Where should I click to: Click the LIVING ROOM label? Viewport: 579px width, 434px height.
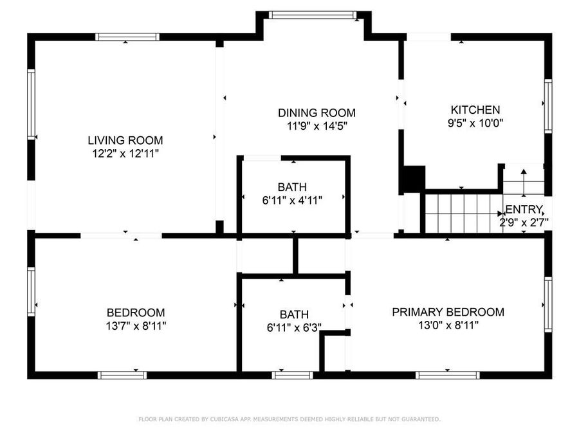pyautogui.click(x=125, y=140)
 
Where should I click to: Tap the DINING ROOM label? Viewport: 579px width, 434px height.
pyautogui.click(x=317, y=113)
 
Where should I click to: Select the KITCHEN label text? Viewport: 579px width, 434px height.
pyautogui.click(x=475, y=110)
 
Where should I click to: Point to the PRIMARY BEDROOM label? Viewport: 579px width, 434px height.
pyautogui.click(x=448, y=312)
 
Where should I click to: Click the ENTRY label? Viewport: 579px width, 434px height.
pyautogui.click(x=525, y=209)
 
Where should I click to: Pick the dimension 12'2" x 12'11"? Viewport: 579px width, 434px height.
pyautogui.click(x=125, y=154)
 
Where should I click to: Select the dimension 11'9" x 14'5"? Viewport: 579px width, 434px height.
pyautogui.click(x=317, y=126)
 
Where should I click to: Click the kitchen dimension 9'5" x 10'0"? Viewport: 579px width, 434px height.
pyautogui.click(x=475, y=123)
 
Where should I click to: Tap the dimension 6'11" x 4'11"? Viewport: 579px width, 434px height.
pyautogui.click(x=292, y=200)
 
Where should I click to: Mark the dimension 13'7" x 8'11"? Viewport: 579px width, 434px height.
pyautogui.click(x=136, y=325)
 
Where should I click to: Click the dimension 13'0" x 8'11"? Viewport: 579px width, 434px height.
pyautogui.click(x=448, y=325)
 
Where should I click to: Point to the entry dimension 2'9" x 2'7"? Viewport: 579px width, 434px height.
pyautogui.click(x=524, y=222)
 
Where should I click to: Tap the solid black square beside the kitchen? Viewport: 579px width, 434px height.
pyautogui.click(x=412, y=179)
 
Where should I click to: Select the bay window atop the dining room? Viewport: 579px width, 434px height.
pyautogui.click(x=313, y=15)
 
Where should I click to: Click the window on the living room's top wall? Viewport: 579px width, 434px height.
pyautogui.click(x=127, y=37)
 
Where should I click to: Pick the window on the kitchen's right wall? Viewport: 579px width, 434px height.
pyautogui.click(x=548, y=105)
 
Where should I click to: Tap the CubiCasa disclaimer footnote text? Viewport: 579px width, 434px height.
pyautogui.click(x=289, y=419)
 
